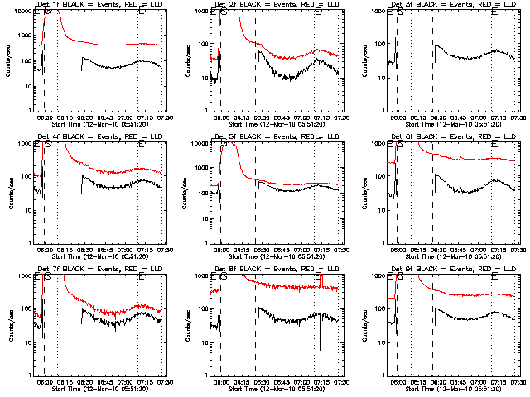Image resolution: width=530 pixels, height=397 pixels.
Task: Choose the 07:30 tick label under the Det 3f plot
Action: pyautogui.click(x=517, y=117)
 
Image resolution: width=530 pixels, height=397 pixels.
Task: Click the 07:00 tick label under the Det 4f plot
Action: pyautogui.click(x=124, y=249)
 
